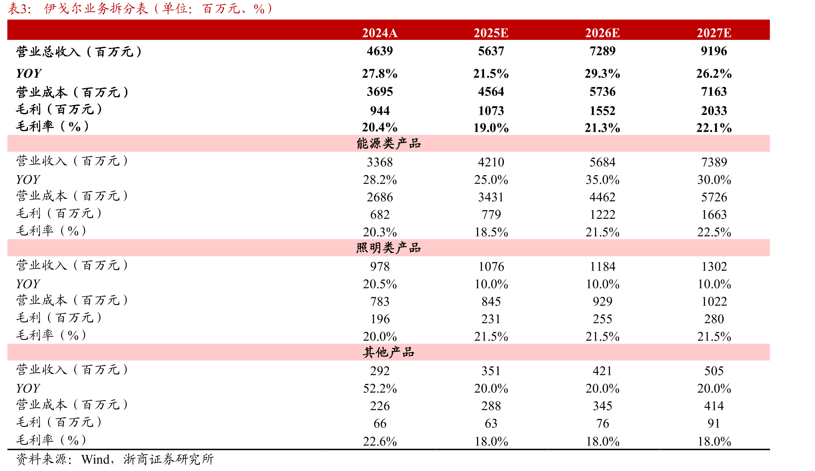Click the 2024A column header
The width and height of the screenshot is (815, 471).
[380, 33]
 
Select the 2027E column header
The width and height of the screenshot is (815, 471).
[714, 33]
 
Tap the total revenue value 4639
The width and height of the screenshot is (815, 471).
[380, 51]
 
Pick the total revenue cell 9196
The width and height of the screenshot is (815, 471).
[714, 51]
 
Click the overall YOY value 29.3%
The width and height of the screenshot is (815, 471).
[602, 73]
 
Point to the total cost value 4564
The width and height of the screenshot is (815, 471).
[491, 92]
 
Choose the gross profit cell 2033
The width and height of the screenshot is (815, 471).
[714, 111]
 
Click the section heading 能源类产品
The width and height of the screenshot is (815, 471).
[389, 143]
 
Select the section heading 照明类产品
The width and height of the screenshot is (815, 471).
[389, 248]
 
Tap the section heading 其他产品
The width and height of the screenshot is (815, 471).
[389, 352]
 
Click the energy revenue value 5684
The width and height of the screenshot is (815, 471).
[602, 162]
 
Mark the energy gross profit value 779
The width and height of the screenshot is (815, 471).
[491, 215]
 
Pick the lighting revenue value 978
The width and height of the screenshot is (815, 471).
[380, 267]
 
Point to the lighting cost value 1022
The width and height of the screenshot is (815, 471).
[714, 301]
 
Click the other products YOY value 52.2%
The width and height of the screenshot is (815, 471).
[380, 388]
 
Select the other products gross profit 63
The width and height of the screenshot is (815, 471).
[491, 423]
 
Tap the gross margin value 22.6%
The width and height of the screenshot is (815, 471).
[380, 442]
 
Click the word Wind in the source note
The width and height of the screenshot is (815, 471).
[95, 459]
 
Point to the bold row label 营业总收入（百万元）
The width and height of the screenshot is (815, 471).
[79, 52]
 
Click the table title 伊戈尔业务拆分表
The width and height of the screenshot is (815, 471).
[96, 9]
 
